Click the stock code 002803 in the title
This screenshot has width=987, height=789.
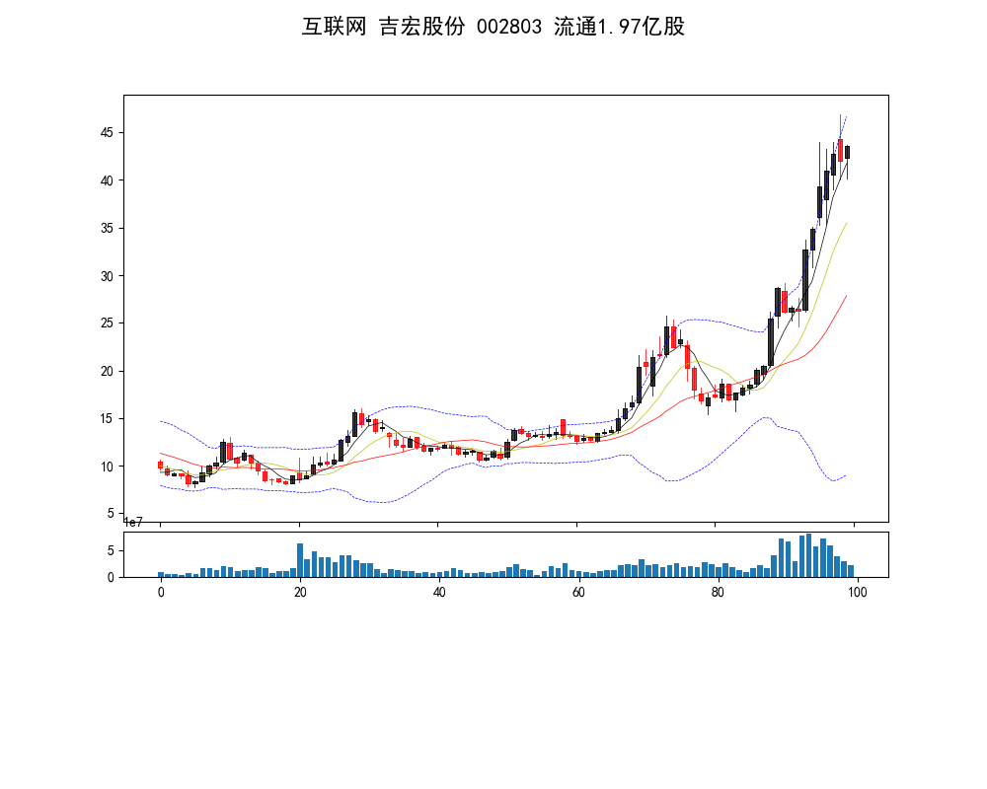[509, 28]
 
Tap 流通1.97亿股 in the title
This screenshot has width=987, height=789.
[620, 28]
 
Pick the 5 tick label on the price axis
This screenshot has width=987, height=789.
[112, 514]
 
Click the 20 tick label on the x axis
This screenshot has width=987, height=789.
[300, 593]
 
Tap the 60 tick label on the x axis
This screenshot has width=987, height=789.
[578, 593]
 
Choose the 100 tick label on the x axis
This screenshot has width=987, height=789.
[857, 593]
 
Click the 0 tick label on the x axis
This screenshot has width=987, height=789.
[161, 593]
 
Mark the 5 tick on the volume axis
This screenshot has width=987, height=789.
[112, 550]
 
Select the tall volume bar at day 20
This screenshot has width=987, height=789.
[300, 560]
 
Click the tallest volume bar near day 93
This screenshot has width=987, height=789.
[808, 556]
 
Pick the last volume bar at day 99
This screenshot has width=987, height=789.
[850, 571]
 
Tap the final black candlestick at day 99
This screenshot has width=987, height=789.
[847, 152]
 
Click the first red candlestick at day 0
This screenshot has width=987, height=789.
[160, 465]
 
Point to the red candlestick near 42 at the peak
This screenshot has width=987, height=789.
[840, 150]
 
